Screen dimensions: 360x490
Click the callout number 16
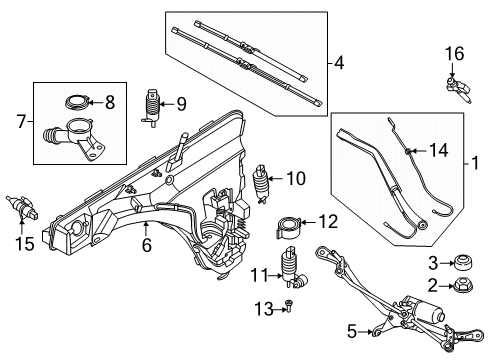[454, 53]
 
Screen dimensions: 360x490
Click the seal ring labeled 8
[76, 101]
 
